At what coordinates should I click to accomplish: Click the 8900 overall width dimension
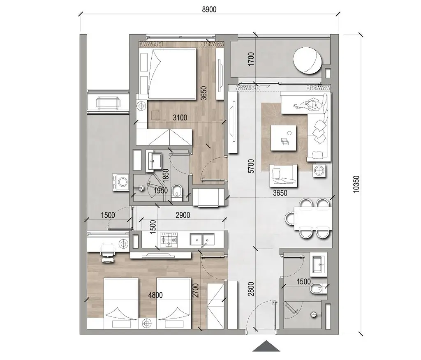[x=210, y=9]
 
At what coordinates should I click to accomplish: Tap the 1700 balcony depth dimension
[x=252, y=60]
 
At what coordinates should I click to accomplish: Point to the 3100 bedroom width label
[x=180, y=118]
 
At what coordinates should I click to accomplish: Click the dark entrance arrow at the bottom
[x=266, y=346]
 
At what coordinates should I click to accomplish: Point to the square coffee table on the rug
[x=284, y=137]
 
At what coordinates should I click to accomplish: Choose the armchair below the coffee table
[x=283, y=175]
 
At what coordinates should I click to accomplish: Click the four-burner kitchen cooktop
[x=170, y=239]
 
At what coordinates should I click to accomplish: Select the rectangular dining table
[x=312, y=218]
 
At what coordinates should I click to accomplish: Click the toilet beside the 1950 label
[x=177, y=192]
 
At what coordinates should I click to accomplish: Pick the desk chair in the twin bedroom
[x=108, y=250]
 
